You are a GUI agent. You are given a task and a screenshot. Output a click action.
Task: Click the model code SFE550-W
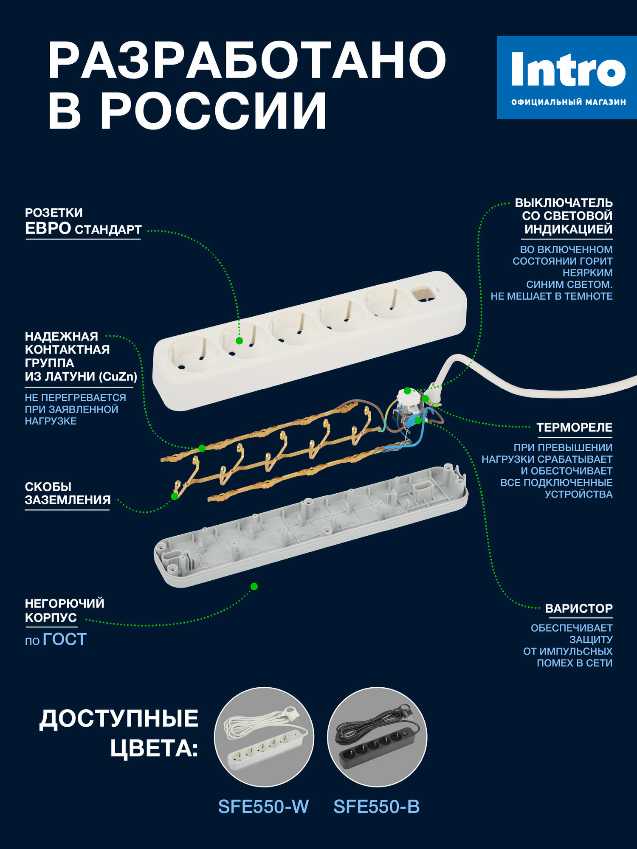coord(263,807)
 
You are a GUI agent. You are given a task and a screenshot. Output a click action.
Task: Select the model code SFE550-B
coord(377,807)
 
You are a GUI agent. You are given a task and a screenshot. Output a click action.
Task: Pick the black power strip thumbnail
coord(377,737)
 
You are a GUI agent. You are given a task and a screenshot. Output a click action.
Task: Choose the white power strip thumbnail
coord(264,737)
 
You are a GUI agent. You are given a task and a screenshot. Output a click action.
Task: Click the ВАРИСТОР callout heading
coord(578,608)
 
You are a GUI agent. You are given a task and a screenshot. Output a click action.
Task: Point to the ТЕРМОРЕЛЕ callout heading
coord(574,427)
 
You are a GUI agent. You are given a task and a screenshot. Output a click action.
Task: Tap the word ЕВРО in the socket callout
coord(48,228)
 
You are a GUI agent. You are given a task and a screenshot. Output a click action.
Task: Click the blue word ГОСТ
coord(65,639)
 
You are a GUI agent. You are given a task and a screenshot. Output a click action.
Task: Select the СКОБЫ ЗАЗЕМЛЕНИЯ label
coord(68,493)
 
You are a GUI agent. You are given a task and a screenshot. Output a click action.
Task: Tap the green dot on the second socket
coord(239,340)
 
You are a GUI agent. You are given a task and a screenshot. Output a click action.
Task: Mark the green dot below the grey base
coord(254,586)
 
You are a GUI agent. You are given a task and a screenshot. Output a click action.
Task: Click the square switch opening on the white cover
coord(423,293)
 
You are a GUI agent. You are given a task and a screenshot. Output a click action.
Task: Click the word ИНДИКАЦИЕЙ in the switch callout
coord(568,229)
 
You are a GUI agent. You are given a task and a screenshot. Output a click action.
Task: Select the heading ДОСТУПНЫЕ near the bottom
coord(119,719)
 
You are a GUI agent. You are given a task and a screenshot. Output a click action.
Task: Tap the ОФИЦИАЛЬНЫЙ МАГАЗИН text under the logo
coord(568,102)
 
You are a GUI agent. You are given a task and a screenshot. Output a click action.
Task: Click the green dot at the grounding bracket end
coord(174,496)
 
